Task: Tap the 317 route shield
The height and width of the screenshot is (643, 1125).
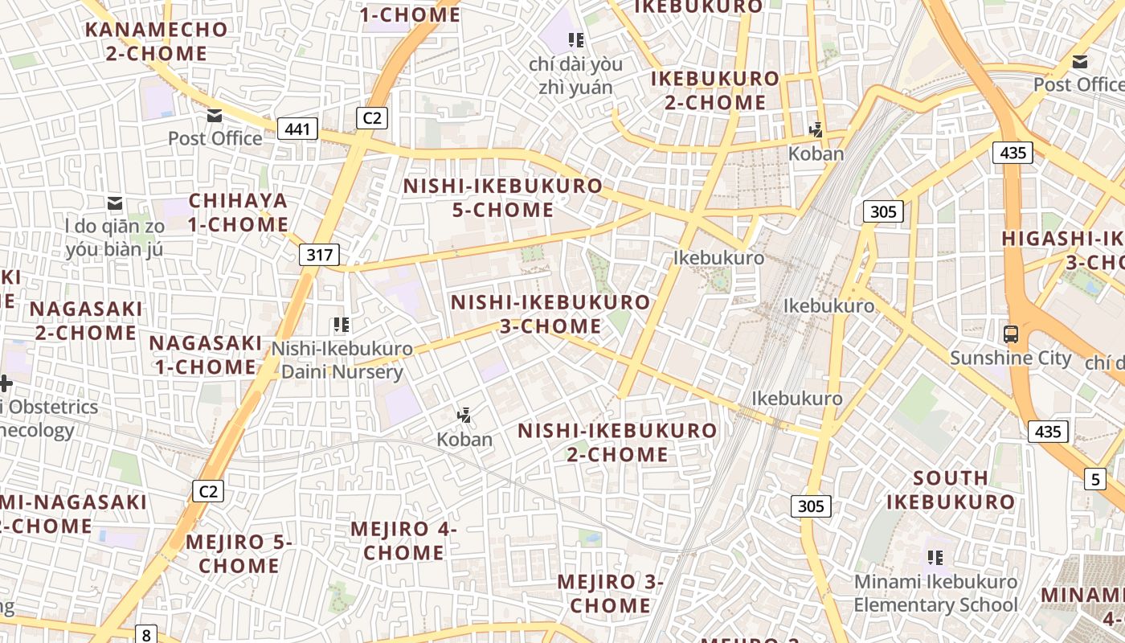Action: pyautogui.click(x=319, y=255)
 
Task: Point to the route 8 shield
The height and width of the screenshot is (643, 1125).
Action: pyautogui.click(x=146, y=634)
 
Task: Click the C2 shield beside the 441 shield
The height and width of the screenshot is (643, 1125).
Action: pyautogui.click(x=372, y=118)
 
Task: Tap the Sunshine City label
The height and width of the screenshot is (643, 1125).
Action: pyautogui.click(x=1010, y=358)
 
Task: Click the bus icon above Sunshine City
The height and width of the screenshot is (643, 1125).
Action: pyautogui.click(x=1011, y=334)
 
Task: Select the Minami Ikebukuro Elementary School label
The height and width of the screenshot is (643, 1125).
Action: pyautogui.click(x=935, y=592)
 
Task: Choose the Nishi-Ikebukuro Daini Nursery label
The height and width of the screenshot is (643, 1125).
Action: pyautogui.click(x=342, y=360)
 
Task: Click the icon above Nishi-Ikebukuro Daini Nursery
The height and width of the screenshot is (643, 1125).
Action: pyautogui.click(x=342, y=326)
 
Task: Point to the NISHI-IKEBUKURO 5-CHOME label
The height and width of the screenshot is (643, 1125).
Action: pyautogui.click(x=502, y=198)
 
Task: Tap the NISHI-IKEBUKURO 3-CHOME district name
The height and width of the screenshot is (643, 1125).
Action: pyautogui.click(x=550, y=314)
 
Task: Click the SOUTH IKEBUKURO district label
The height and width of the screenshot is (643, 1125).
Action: pyautogui.click(x=951, y=490)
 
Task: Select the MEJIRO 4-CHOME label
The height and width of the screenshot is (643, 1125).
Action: pyautogui.click(x=403, y=541)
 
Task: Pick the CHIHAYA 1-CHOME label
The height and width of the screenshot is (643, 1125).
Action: pyautogui.click(x=238, y=212)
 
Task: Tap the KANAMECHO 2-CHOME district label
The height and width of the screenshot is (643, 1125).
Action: pyautogui.click(x=157, y=42)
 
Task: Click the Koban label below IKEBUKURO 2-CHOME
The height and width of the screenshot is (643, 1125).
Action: pyautogui.click(x=816, y=154)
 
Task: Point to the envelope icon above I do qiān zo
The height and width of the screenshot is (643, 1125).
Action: pyautogui.click(x=115, y=203)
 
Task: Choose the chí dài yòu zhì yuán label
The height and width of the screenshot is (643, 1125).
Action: pyautogui.click(x=571, y=75)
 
